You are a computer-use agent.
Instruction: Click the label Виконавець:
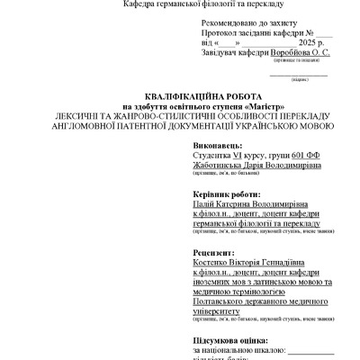click(x=217, y=145)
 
